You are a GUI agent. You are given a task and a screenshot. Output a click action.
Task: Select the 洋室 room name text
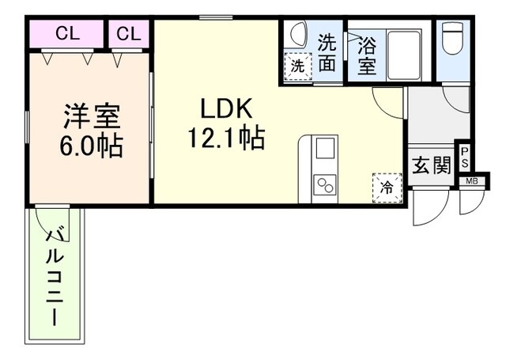pyautogui.click(x=91, y=116)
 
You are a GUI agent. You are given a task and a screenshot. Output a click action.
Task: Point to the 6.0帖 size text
pyautogui.click(x=91, y=146)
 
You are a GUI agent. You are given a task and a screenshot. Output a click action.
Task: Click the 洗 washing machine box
pyautogui.click(x=296, y=66)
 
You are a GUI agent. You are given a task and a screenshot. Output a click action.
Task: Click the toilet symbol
pyautogui.click(x=452, y=38)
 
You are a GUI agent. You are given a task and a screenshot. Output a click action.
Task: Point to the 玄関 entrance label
pyautogui.click(x=432, y=165)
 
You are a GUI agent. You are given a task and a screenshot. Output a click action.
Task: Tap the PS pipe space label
pyautogui.click(x=465, y=157)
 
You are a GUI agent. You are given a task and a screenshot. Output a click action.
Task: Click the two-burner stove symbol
pyautogui.click(x=325, y=185)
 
